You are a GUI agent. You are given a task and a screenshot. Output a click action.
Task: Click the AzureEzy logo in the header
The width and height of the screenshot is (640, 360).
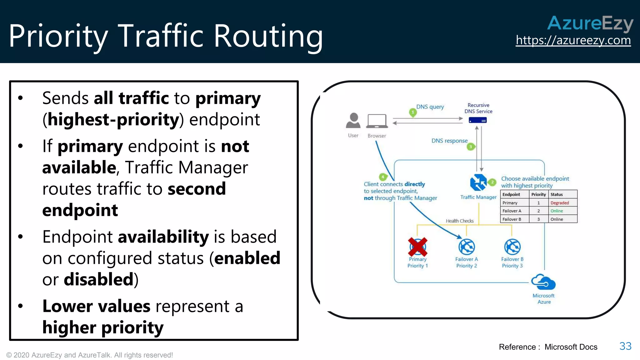(590, 23)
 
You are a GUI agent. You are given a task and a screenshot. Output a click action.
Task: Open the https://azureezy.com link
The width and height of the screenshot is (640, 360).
(573, 40)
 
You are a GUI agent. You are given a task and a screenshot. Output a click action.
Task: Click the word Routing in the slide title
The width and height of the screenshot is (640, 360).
(268, 36)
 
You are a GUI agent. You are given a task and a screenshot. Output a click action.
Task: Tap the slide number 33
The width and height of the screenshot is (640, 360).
(625, 346)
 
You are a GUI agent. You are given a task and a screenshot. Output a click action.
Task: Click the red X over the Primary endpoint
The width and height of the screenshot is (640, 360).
(417, 247)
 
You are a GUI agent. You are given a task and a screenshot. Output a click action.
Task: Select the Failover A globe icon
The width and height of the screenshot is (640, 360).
(467, 247)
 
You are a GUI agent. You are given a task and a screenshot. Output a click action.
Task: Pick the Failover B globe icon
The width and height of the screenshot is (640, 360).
(512, 247)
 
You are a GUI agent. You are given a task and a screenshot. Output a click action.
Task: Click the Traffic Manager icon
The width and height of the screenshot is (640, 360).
(478, 182)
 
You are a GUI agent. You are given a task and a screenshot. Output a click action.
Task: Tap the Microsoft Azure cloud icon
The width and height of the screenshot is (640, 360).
(543, 282)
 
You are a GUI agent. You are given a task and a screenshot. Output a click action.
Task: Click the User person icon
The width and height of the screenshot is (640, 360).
(353, 121)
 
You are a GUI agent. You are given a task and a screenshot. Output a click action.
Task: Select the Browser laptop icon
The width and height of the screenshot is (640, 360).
(377, 121)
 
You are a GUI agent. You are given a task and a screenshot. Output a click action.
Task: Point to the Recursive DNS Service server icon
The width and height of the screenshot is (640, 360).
(477, 120)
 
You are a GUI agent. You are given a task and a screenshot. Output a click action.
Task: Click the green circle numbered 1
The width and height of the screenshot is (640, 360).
(413, 112)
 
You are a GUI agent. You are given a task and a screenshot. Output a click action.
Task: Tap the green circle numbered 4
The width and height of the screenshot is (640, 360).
(383, 177)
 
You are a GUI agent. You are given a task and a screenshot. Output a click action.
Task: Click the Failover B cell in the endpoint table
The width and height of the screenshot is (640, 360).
(512, 219)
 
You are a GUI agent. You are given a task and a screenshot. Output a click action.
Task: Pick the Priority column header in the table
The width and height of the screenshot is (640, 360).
(538, 194)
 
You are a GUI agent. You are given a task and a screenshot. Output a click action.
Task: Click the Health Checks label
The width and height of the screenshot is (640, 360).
(459, 221)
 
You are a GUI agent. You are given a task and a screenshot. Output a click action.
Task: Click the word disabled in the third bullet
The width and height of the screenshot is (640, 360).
(98, 279)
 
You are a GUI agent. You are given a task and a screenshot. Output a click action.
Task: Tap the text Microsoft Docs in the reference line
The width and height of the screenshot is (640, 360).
(571, 347)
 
